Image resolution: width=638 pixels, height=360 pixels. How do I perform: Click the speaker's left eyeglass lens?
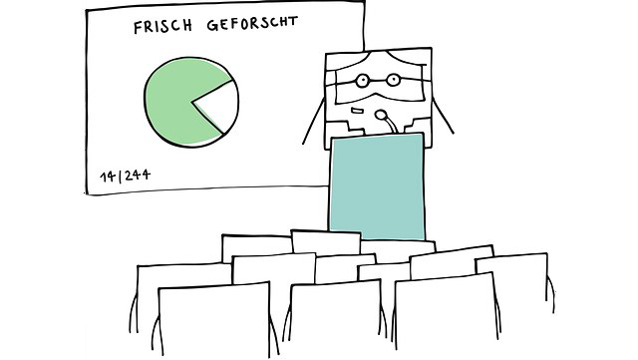point(363,80)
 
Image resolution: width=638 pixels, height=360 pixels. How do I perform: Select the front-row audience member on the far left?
point(198,319)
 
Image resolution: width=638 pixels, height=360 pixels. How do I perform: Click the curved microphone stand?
point(393,125)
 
